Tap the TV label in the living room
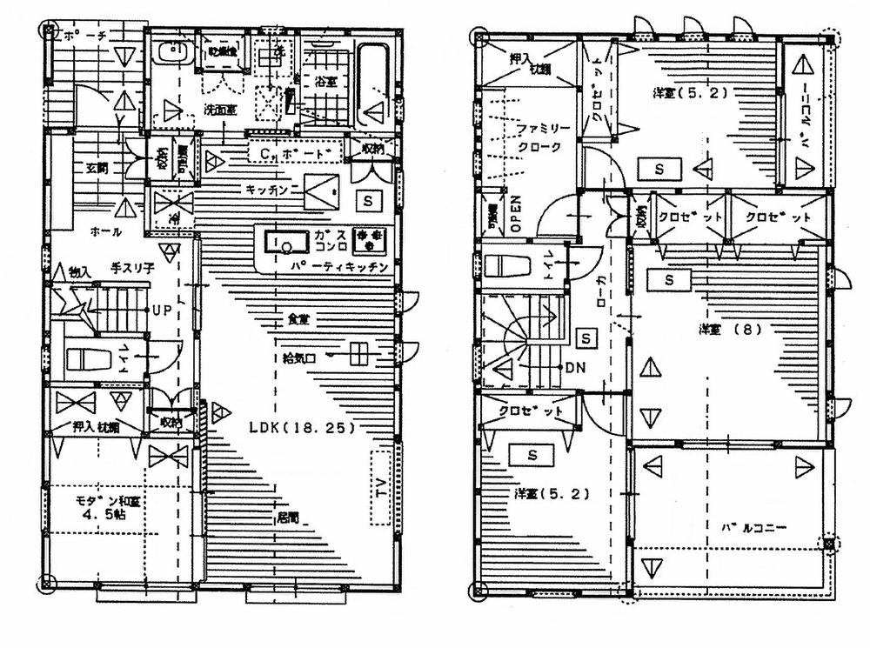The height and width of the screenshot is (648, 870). click(381, 488)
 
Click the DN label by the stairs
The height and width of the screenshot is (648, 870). click(575, 367)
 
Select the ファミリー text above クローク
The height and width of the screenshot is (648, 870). click(543, 129)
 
